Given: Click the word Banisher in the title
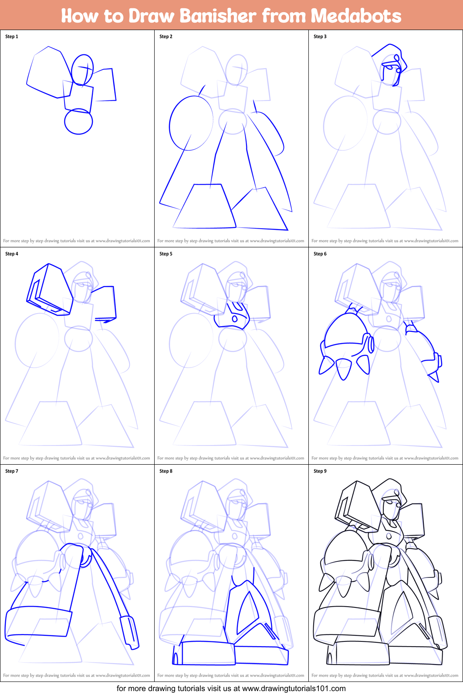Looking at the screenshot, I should pos(218,16).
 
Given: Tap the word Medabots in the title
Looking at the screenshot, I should pos(356,16).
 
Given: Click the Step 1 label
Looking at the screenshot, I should pos(12,37).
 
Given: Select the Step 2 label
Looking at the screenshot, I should pos(166,37).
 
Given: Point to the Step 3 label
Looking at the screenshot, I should pos(320,37).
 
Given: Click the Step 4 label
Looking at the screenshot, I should pos(12,254).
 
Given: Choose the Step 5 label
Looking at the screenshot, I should pos(166,254).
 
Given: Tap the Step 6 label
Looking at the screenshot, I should pos(320,254).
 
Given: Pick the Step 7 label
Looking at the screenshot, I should pos(12,471).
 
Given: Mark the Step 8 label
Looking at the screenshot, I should pos(166,471).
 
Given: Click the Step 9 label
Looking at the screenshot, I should pos(320,471).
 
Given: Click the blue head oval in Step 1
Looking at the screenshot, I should pos(82,70).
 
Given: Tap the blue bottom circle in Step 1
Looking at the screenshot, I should pos(78,122).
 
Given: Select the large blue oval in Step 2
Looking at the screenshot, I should pos(191,123).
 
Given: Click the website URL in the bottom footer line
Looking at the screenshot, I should pos(294,688).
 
